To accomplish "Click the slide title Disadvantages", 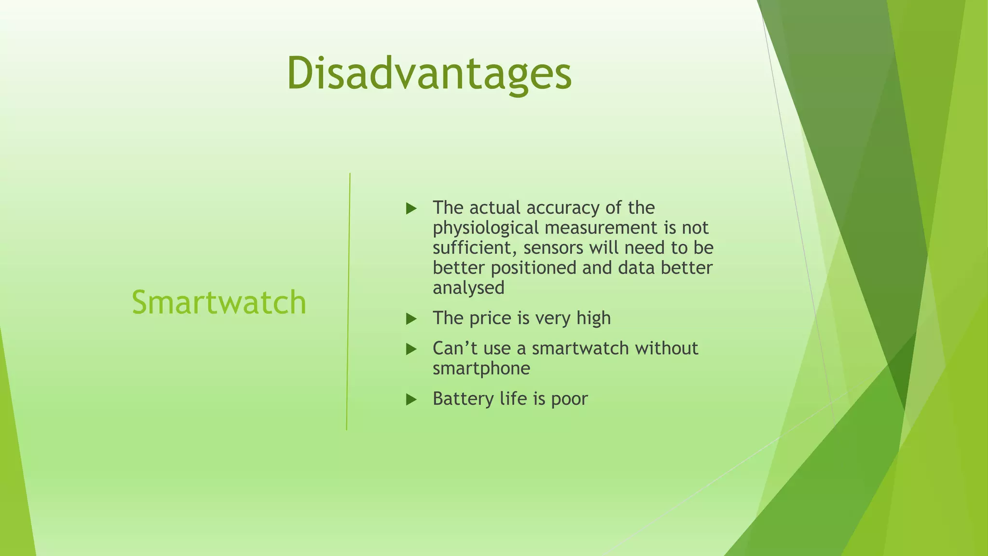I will point(429,73).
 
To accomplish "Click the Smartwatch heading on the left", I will point(219,303).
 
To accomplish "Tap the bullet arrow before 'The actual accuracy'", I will point(411,208).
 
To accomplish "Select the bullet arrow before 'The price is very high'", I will point(411,319).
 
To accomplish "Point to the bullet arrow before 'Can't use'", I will point(411,349).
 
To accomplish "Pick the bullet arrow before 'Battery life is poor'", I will point(411,399).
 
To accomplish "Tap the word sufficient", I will point(475,248).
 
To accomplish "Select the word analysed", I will point(468,288).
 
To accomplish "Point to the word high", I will point(593,319).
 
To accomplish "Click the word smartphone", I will point(481,369).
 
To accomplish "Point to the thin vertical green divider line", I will point(348,302).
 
